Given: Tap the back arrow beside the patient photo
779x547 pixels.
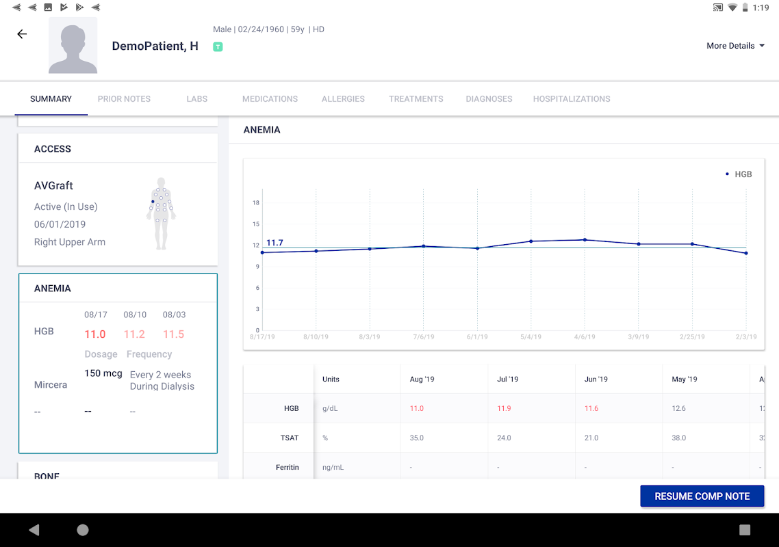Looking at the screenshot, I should pyautogui.click(x=22, y=34).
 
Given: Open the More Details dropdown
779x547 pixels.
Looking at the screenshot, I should pyautogui.click(x=735, y=46).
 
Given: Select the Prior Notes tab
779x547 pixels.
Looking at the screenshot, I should pyautogui.click(x=124, y=98).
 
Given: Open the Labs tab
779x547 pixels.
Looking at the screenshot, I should pyautogui.click(x=196, y=98).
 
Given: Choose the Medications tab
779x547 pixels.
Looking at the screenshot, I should pyautogui.click(x=270, y=98).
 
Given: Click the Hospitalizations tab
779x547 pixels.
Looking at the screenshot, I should pyautogui.click(x=572, y=98).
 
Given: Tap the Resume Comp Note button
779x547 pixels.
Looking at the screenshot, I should pyautogui.click(x=702, y=496).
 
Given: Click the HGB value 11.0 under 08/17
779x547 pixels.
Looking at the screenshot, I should pyautogui.click(x=95, y=334).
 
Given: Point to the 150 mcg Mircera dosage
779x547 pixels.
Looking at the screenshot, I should pyautogui.click(x=103, y=373).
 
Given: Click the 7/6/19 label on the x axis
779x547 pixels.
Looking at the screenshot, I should pyautogui.click(x=424, y=337).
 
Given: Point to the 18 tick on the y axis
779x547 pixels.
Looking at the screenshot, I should pyautogui.click(x=255, y=203).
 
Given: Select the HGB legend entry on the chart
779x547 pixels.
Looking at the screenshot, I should pyautogui.click(x=739, y=174).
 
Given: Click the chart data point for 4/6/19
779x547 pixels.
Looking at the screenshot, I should pyautogui.click(x=585, y=240).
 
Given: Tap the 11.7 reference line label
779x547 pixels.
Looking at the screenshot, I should pyautogui.click(x=274, y=243).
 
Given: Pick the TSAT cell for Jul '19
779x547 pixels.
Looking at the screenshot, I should pyautogui.click(x=504, y=438).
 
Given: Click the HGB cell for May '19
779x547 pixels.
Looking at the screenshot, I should pyautogui.click(x=679, y=408).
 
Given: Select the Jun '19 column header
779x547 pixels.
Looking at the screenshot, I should pyautogui.click(x=596, y=379).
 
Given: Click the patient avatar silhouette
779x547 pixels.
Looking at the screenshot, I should pyautogui.click(x=73, y=46).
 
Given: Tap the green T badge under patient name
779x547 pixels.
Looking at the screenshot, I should pyautogui.click(x=218, y=46).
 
